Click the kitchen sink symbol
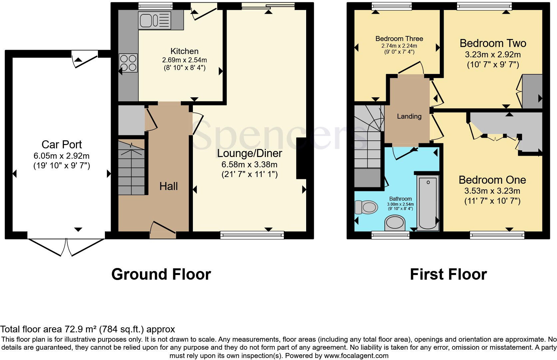tap(155, 20)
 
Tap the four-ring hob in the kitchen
tap(128, 63)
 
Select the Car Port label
tap(62, 144)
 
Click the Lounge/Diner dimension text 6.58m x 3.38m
tap(249, 164)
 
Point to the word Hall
tap(168, 186)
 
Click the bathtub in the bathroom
tap(428, 203)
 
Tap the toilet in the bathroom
tap(366, 207)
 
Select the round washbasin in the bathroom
tap(395, 223)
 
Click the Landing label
tap(409, 116)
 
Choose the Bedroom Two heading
tap(493, 43)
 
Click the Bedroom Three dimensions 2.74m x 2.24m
tap(399, 46)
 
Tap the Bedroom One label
tap(492, 180)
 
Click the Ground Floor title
tap(161, 274)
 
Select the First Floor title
tap(448, 274)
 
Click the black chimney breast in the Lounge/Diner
tap(301, 158)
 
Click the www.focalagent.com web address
tap(356, 356)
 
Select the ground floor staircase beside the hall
tap(132, 168)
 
